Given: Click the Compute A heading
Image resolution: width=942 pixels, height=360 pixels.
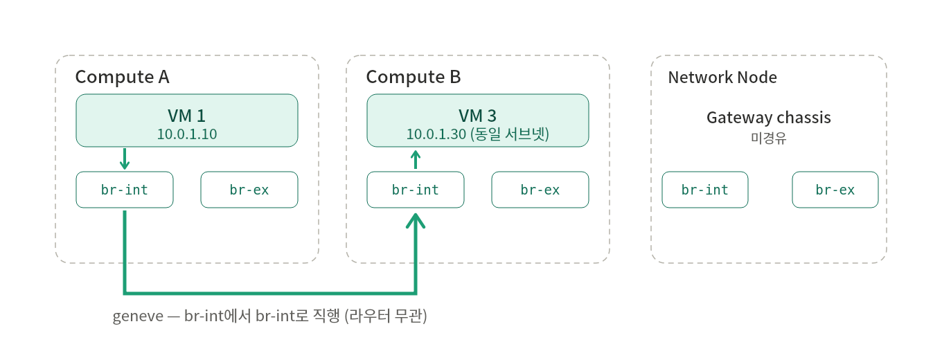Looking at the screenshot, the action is pyautogui.click(x=123, y=78).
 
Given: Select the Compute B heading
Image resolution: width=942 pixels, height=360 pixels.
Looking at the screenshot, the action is pyautogui.click(x=414, y=78).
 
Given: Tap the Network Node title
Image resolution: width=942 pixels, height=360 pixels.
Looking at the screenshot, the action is pyautogui.click(x=722, y=78).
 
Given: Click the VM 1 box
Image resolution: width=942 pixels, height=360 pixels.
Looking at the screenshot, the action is pyautogui.click(x=187, y=120).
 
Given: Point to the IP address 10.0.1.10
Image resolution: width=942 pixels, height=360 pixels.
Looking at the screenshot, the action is pyautogui.click(x=187, y=134).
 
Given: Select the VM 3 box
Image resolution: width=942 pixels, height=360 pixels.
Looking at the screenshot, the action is pyautogui.click(x=478, y=120).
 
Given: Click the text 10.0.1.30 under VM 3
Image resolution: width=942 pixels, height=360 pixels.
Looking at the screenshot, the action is pyautogui.click(x=436, y=134).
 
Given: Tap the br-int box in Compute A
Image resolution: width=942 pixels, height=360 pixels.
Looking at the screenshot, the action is pyautogui.click(x=125, y=190).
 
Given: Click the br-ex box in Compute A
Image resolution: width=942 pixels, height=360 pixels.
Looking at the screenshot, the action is pyautogui.click(x=249, y=190).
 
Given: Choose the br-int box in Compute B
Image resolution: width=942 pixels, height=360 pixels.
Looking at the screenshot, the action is pyautogui.click(x=416, y=190).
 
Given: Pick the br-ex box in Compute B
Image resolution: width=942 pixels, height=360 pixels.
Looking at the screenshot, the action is pyautogui.click(x=540, y=190).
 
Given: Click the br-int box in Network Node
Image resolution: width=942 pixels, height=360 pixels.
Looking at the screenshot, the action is pyautogui.click(x=705, y=190).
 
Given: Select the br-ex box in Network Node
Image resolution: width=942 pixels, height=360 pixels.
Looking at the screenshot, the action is pyautogui.click(x=835, y=190).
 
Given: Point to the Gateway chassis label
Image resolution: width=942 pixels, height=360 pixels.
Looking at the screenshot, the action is pyautogui.click(x=769, y=117).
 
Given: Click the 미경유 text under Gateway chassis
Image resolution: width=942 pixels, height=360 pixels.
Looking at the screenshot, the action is pyautogui.click(x=769, y=138).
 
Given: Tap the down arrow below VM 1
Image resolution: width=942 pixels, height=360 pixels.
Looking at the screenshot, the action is pyautogui.click(x=125, y=159).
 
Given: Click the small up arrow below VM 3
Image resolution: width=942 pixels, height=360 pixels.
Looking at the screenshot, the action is pyautogui.click(x=416, y=160).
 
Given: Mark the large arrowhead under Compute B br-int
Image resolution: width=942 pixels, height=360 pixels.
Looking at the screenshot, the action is pyautogui.click(x=416, y=220).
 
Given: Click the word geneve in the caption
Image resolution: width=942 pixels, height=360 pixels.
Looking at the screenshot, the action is pyautogui.click(x=138, y=316).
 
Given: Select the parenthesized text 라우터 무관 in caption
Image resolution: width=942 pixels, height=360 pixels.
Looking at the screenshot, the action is pyautogui.click(x=386, y=316).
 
